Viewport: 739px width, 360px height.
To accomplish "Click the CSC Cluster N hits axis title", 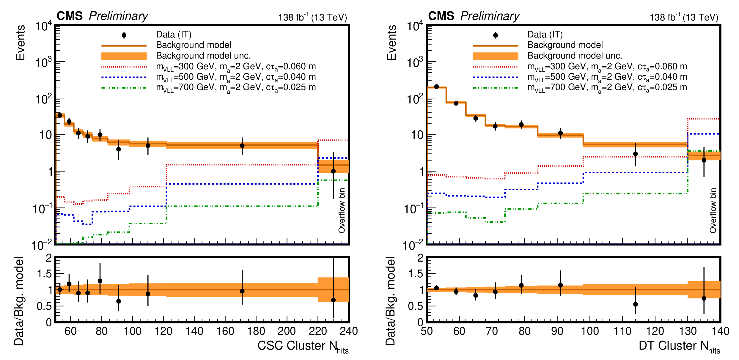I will click(x=303, y=346).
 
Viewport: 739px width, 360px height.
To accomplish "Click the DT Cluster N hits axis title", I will click(x=679, y=346).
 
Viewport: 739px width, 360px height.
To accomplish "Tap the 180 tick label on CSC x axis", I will click(x=256, y=331).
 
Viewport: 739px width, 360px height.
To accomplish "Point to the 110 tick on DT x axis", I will click(x=622, y=331).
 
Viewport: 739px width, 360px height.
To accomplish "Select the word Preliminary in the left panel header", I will click(x=118, y=16).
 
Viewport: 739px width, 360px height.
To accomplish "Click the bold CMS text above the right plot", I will click(x=441, y=16).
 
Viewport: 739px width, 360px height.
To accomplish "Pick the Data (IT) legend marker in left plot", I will click(x=124, y=35).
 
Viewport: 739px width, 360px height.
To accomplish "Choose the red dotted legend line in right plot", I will click(x=495, y=67).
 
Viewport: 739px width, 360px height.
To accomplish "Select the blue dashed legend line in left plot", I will click(x=124, y=77).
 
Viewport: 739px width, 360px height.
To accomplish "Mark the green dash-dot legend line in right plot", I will click(x=495, y=88).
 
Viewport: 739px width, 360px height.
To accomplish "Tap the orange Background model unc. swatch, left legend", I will click(x=124, y=56).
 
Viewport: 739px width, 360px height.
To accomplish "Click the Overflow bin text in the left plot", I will click(x=342, y=210).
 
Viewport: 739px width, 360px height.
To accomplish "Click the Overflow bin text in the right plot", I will click(x=713, y=210).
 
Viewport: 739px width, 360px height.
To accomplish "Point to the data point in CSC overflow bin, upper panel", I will click(x=333, y=171).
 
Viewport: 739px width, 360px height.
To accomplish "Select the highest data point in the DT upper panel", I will click(x=436, y=87).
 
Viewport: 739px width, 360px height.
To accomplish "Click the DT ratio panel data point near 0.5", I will click(x=636, y=304).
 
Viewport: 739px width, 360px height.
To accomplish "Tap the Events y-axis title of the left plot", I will click(x=20, y=43).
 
